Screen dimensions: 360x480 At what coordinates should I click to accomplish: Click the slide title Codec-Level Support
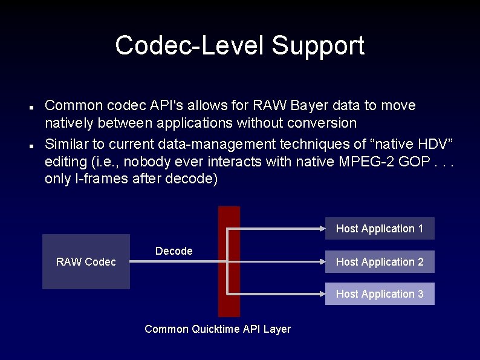[239, 45]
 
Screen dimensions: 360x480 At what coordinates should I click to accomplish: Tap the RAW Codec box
[86, 261]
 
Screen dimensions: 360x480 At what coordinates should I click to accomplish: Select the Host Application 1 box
[380, 228]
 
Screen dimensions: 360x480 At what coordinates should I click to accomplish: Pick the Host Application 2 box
[380, 261]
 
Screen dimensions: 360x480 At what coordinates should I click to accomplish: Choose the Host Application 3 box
[380, 293]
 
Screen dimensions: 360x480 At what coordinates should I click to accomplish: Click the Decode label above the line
[174, 250]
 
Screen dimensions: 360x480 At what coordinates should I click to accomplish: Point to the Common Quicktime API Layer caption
[218, 329]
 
